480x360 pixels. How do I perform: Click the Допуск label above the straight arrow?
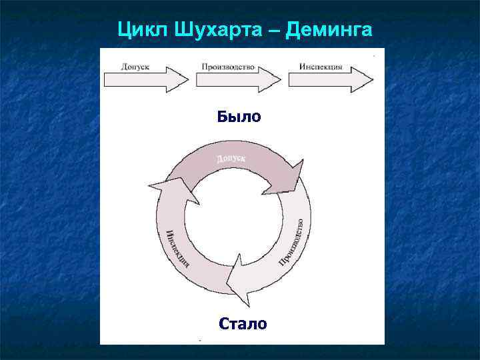pos(135,67)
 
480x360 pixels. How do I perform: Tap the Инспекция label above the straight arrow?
pos(321,67)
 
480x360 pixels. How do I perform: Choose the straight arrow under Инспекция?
pos(329,80)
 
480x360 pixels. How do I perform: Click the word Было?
pos(239,117)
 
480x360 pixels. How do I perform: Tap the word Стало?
pos(243,324)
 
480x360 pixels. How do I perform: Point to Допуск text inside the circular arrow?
pos(231,159)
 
